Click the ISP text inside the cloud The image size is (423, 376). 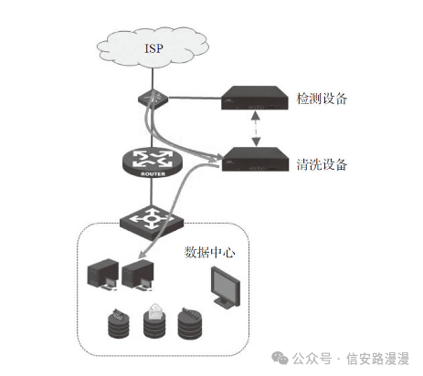coord(153,48)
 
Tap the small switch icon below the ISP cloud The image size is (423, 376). coord(153,99)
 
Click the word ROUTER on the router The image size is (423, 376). coord(153,174)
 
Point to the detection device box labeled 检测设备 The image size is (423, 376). coord(255,98)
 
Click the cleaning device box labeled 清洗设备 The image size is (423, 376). coord(255,159)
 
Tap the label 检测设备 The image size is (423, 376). coord(322,99)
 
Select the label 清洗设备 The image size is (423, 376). coord(322,164)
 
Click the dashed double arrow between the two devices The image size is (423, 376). coord(256,129)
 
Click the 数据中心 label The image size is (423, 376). coord(209,253)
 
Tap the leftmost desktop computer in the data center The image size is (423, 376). coord(102,275)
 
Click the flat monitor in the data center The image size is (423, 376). coord(226,287)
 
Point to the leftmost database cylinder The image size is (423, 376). coord(119,323)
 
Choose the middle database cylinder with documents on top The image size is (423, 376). coord(155,321)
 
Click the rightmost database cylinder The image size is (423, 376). coord(190,323)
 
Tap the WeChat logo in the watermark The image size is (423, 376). coord(280,358)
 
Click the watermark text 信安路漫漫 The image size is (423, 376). coord(377,359)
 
